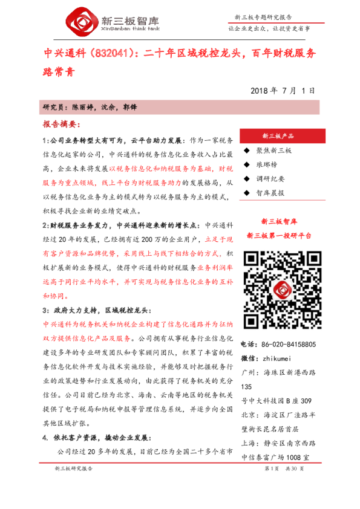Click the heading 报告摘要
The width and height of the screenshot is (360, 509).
coord(60,124)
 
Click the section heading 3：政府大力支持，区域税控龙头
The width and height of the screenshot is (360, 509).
coord(100,310)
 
